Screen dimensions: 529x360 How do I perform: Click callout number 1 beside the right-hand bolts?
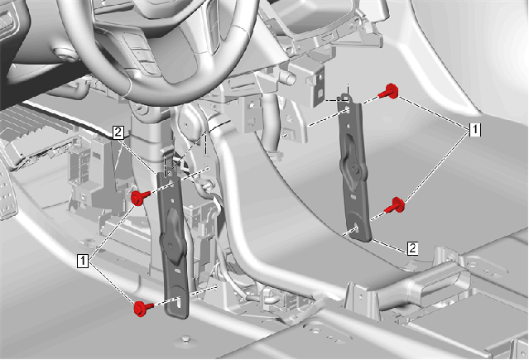(475, 130)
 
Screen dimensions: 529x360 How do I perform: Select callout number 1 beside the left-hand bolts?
(83, 262)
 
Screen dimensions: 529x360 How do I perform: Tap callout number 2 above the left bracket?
(118, 132)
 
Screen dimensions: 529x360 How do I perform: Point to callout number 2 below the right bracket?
(412, 248)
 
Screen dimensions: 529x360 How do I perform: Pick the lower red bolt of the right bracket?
(396, 205)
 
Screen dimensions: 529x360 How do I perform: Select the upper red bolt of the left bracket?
(140, 197)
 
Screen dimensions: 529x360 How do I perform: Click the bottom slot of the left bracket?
(179, 301)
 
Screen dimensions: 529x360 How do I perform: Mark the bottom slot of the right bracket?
(357, 229)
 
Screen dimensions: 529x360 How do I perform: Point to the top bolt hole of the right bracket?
(348, 110)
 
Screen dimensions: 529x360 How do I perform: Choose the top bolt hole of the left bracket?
(171, 184)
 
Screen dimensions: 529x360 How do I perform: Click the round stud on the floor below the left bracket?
(185, 338)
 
